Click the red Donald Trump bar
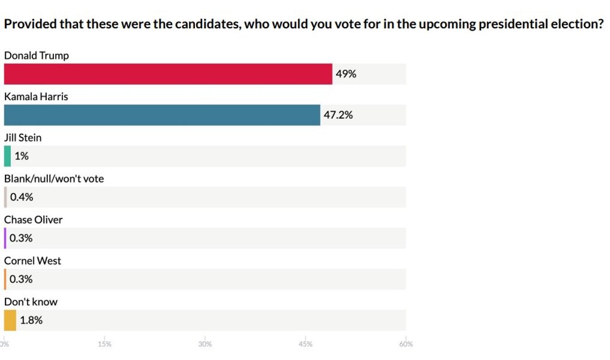[168, 74]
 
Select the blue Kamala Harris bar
[162, 115]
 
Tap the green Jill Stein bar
[7, 156]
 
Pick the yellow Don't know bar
[10, 320]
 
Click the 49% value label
[346, 74]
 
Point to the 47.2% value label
[338, 115]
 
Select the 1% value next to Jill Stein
[22, 156]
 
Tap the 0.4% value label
[22, 197]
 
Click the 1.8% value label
[31, 320]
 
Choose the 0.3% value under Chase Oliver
[21, 238]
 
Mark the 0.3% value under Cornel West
[21, 279]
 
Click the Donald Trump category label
[37, 56]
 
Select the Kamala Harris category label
[36, 97]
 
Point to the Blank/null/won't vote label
[54, 179]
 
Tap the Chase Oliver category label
[34, 220]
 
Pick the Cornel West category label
[32, 261]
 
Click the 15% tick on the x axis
[104, 344]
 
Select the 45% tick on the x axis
[305, 344]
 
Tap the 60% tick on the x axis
[405, 344]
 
